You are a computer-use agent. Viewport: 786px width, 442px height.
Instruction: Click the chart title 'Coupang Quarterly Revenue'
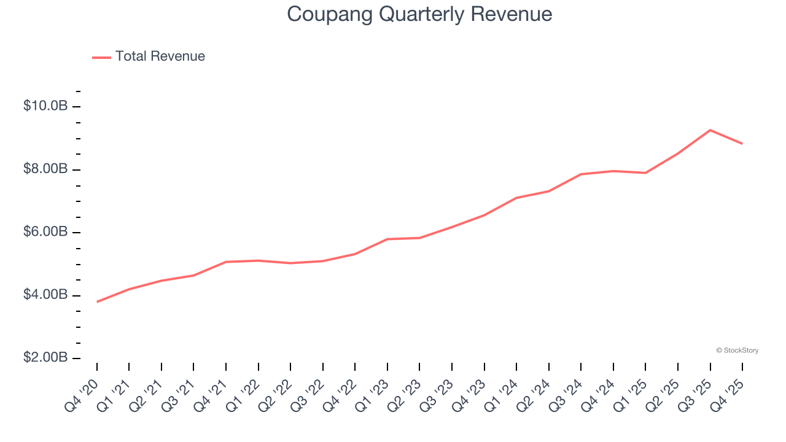(419, 14)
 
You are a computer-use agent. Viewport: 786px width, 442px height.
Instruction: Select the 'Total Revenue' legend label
(160, 56)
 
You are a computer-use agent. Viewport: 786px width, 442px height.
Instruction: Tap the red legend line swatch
(101, 57)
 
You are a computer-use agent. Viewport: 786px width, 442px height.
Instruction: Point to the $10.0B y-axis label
(45, 106)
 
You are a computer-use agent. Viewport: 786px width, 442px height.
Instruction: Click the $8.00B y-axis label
(45, 169)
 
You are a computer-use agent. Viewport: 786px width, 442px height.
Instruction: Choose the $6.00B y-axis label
(45, 232)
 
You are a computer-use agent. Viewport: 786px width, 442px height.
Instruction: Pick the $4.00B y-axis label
(45, 295)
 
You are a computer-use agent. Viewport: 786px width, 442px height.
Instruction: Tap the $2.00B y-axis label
(45, 358)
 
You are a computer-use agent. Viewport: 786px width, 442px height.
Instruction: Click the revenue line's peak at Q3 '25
(710, 130)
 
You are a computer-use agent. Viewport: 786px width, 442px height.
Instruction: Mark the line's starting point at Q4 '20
(97, 301)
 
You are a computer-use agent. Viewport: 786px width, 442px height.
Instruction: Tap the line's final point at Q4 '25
(742, 144)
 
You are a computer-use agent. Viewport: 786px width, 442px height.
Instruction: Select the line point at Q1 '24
(516, 198)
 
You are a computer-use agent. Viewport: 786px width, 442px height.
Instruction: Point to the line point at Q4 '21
(226, 262)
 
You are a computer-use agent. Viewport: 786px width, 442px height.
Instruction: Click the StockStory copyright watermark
(737, 351)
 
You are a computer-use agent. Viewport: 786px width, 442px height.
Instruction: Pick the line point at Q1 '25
(645, 173)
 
